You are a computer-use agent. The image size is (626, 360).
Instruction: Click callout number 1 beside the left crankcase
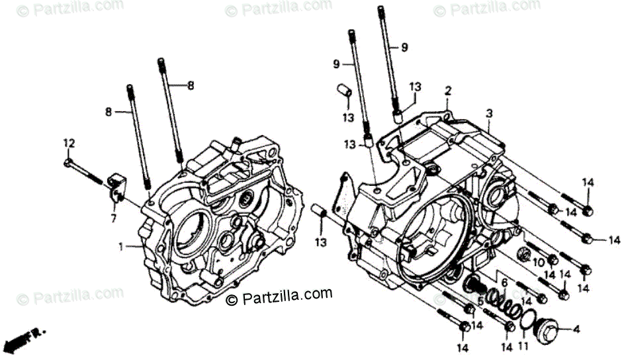click(x=121, y=247)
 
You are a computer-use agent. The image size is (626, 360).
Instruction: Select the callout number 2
click(x=448, y=91)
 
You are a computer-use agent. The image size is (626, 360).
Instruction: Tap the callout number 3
click(x=488, y=113)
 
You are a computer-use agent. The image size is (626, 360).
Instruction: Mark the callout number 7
click(x=113, y=217)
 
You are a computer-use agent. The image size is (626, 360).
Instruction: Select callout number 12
click(x=69, y=144)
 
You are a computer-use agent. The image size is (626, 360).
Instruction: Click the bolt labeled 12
click(x=86, y=171)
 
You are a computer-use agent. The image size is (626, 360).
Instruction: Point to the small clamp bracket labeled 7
click(x=116, y=185)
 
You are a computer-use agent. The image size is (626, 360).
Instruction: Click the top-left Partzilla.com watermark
click(x=70, y=8)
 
